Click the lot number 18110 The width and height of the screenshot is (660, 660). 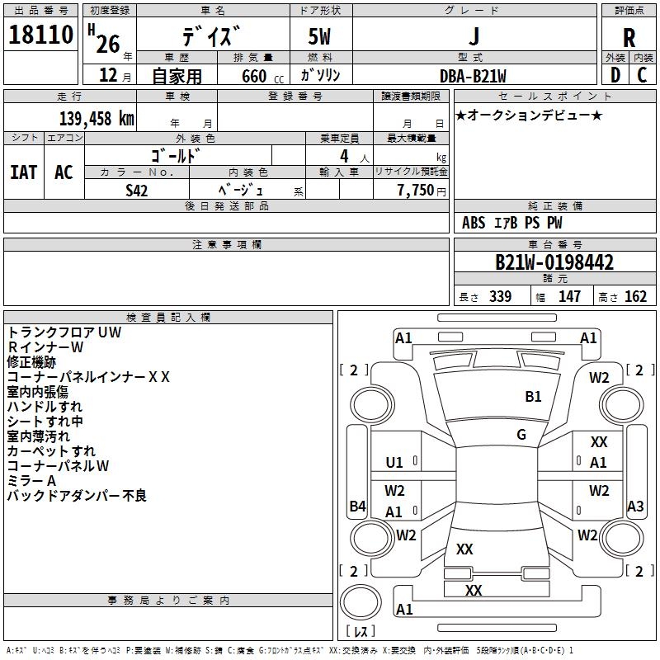tap(40, 35)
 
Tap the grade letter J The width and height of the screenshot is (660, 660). tap(474, 35)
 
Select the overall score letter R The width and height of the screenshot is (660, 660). tap(629, 38)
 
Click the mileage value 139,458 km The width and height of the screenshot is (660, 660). tap(97, 119)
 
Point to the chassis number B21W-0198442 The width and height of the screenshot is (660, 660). tap(554, 262)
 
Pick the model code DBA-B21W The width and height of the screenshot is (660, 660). tap(473, 76)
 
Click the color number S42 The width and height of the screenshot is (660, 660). tap(136, 191)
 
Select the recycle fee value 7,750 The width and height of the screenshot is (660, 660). tap(416, 191)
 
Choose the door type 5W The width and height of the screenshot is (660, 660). tap(319, 36)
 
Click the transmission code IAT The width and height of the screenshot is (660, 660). tap(24, 172)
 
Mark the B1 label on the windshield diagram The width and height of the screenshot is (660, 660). tap(533, 397)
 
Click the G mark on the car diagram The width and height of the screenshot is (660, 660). tap(521, 435)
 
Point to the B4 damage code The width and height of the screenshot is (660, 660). tap(357, 506)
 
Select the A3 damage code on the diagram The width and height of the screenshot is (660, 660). tap(635, 506)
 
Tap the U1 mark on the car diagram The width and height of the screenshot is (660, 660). tap(394, 463)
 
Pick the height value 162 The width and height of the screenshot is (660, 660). tap(635, 296)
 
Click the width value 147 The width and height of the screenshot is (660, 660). tap(569, 296)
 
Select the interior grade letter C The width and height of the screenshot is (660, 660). tap(642, 75)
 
